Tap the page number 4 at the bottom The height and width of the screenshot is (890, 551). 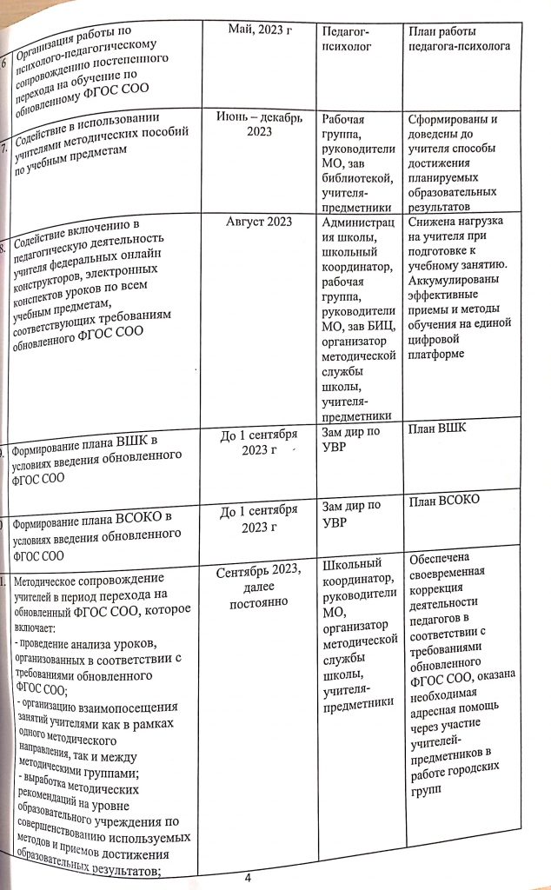pyautogui.click(x=248, y=877)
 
